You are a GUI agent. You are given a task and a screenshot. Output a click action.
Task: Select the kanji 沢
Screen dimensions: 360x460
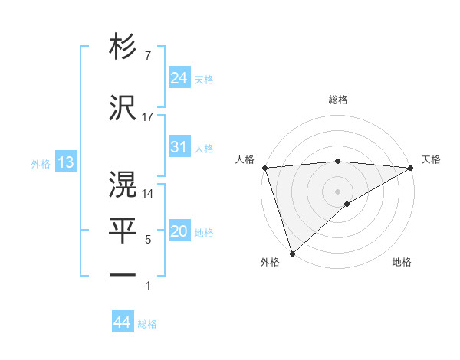pos(123,108)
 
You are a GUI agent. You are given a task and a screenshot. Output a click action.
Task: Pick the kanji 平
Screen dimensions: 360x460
pos(123,229)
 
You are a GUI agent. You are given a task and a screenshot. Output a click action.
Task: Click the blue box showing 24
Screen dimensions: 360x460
pos(179,78)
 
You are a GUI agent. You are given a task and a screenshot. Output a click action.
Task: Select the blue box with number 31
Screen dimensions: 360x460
pos(179,147)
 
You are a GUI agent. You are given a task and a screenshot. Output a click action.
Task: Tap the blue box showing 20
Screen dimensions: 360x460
pos(179,232)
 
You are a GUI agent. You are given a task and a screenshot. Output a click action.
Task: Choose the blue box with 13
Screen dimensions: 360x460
pos(65,162)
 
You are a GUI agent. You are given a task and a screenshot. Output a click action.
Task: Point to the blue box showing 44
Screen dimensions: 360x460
pos(122,322)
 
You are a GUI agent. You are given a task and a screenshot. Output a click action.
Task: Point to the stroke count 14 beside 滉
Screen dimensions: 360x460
pos(148,194)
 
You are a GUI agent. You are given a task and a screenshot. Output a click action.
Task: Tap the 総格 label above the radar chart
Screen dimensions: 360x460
pos(338,100)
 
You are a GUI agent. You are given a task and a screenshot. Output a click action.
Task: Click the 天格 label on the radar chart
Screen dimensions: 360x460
pos(432,159)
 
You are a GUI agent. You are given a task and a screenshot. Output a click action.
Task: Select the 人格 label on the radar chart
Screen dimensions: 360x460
pos(245,159)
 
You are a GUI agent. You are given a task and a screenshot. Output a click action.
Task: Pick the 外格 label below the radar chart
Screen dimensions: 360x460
pos(270,263)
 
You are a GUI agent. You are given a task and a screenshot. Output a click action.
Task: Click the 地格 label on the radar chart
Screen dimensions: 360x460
pos(402,263)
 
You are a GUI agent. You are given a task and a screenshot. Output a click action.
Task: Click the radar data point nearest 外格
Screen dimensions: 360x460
pos(292,253)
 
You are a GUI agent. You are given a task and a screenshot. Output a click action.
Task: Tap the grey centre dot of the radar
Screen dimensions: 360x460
pos(338,191)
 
